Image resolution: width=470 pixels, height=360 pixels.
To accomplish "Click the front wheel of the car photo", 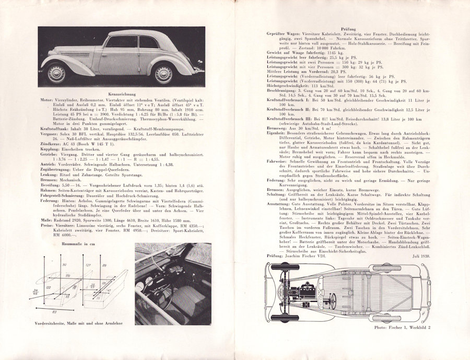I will tap(56, 73).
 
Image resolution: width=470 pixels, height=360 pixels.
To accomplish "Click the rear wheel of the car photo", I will tap(163, 73).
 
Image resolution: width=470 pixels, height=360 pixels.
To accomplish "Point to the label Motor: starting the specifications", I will tap(46, 99).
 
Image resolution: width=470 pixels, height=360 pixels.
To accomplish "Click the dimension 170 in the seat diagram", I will tap(68, 275).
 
